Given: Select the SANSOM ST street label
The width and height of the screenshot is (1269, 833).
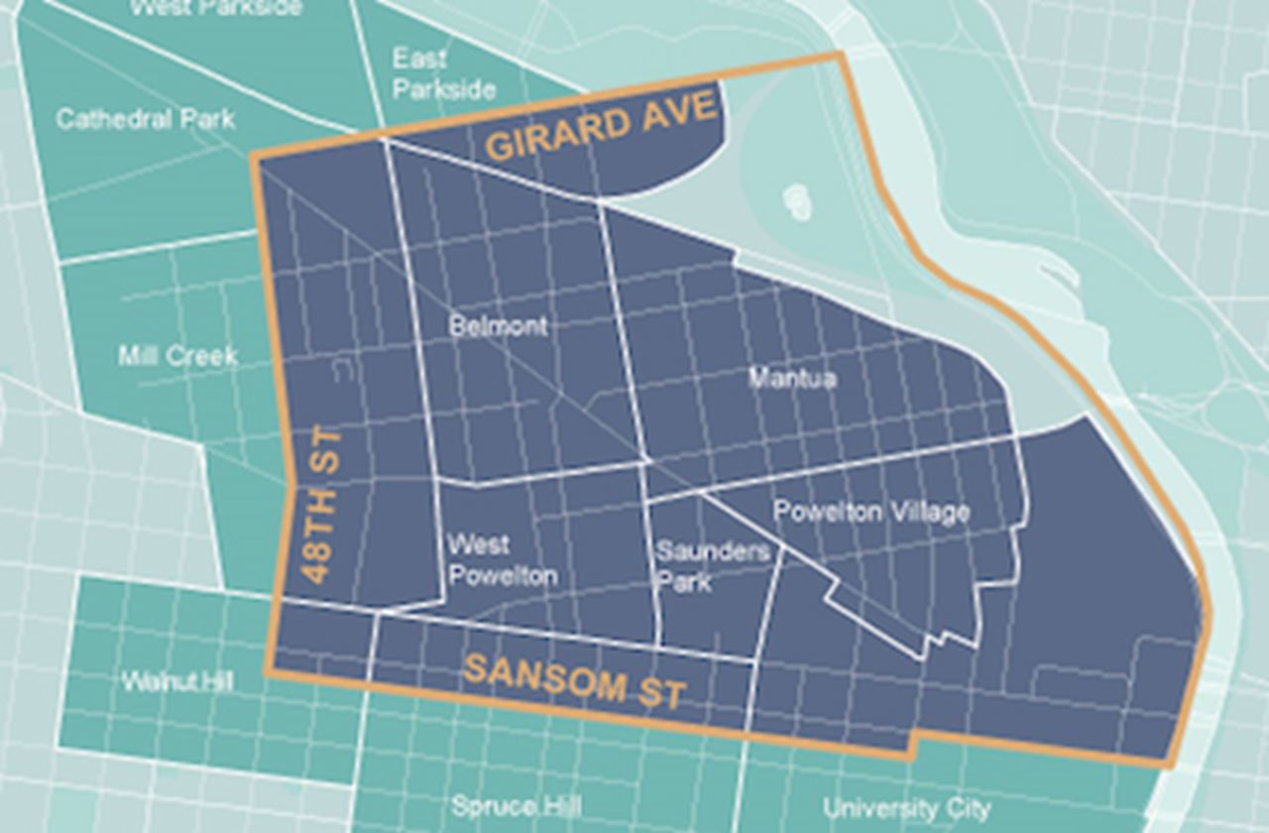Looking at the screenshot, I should coord(575,683).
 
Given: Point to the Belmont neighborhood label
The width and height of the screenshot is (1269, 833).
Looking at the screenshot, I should coord(498,326).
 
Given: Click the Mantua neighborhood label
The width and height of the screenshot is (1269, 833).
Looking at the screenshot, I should coord(792,379).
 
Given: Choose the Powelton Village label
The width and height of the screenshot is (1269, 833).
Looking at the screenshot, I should coord(870,513).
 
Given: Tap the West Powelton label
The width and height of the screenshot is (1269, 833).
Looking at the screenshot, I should coord(501,560).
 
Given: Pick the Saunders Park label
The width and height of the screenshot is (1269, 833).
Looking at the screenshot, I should coord(713,566).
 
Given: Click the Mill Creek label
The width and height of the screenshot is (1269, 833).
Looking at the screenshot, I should coord(177,356).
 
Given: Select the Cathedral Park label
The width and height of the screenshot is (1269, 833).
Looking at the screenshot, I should coord(145,120).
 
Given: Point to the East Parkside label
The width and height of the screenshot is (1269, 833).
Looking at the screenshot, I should coord(443,73).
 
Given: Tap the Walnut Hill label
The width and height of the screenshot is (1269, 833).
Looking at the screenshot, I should coord(177,681).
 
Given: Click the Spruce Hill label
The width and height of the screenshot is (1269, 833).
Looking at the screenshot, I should coord(516,805).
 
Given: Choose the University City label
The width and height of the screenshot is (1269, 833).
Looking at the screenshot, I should coord(906,808).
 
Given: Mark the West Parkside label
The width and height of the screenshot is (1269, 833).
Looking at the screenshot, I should coord(215,8).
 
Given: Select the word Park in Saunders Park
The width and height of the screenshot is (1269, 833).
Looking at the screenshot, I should coord(683,582).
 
